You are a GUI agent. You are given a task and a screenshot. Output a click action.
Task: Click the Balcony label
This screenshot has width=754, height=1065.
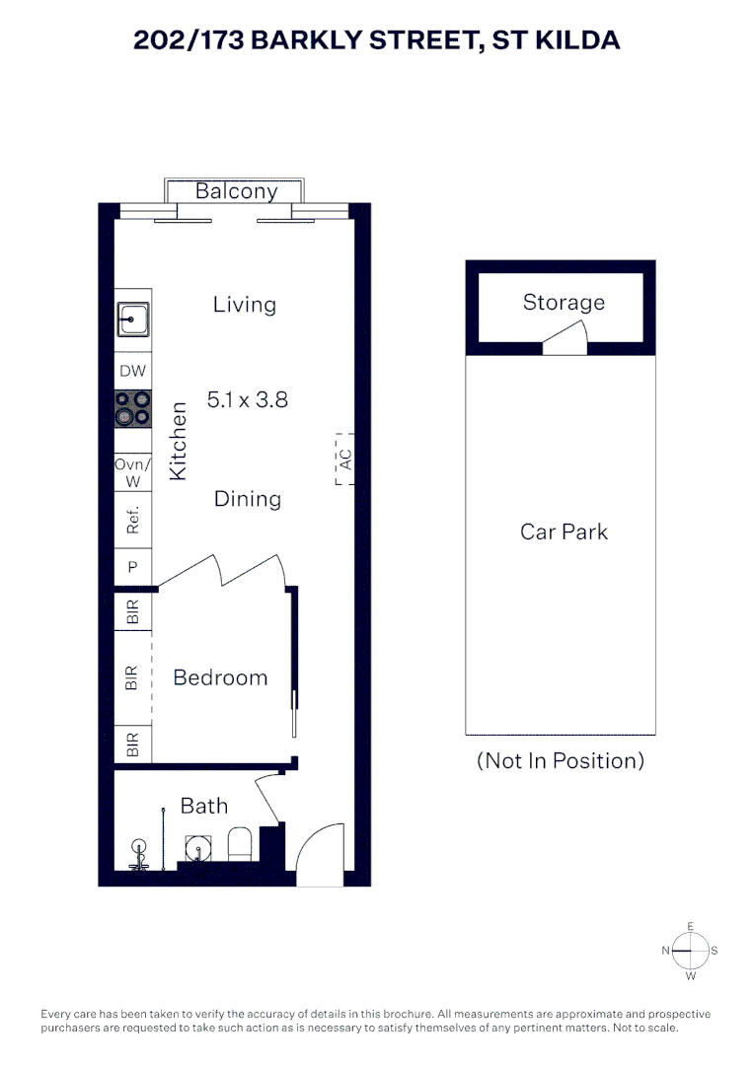[x=236, y=191]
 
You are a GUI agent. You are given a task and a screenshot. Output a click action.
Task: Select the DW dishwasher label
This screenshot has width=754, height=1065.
[x=132, y=371]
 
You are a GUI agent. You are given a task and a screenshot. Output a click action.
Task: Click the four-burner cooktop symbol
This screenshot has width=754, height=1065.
[x=132, y=408]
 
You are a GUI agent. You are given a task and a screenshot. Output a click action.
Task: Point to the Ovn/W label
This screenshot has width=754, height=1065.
[x=132, y=472]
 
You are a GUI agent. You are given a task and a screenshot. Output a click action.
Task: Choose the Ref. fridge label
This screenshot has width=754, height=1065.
[x=132, y=520]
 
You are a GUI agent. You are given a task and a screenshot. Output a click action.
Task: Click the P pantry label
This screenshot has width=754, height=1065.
[x=132, y=566]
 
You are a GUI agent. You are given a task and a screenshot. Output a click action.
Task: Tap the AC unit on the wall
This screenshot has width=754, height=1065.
[x=344, y=460]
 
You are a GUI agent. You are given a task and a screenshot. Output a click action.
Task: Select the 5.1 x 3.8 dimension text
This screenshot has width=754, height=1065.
[x=248, y=399]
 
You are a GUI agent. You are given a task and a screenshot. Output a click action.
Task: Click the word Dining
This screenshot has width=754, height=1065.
[x=248, y=499]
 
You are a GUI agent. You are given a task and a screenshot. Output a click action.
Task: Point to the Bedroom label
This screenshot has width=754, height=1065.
[x=220, y=677]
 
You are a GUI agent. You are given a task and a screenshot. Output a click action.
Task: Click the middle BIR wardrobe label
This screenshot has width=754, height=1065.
[x=132, y=677]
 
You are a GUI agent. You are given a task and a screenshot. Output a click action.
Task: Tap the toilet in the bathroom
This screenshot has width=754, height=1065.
[x=239, y=843]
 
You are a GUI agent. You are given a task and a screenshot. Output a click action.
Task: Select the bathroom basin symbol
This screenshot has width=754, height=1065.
[x=197, y=848]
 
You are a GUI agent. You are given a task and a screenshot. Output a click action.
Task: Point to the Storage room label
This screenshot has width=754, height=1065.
[x=564, y=303]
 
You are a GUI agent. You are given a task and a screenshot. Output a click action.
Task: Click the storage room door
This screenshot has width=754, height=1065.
[x=565, y=337]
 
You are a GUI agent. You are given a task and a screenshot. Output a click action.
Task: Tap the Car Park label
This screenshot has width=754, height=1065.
[x=564, y=532]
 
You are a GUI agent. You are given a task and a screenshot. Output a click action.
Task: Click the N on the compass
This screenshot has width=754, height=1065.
[x=666, y=951]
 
